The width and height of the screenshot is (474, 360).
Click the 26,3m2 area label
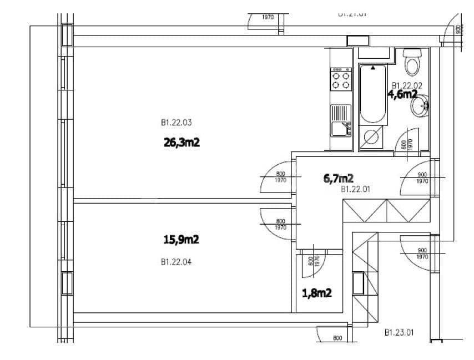(x=181, y=143)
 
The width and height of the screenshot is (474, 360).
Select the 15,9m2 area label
(x=181, y=240)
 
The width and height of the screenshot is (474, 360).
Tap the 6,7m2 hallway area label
(x=339, y=178)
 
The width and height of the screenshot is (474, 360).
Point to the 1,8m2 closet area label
(x=317, y=292)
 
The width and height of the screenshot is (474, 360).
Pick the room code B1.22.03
(x=176, y=123)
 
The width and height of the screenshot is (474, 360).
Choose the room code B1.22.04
(x=176, y=262)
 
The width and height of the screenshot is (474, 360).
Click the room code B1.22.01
(x=355, y=189)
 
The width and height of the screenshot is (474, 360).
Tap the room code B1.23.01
(x=399, y=333)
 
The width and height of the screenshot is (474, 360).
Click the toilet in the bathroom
(x=412, y=62)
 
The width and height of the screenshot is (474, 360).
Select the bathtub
(x=374, y=94)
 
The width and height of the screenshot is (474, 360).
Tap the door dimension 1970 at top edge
(x=268, y=17)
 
